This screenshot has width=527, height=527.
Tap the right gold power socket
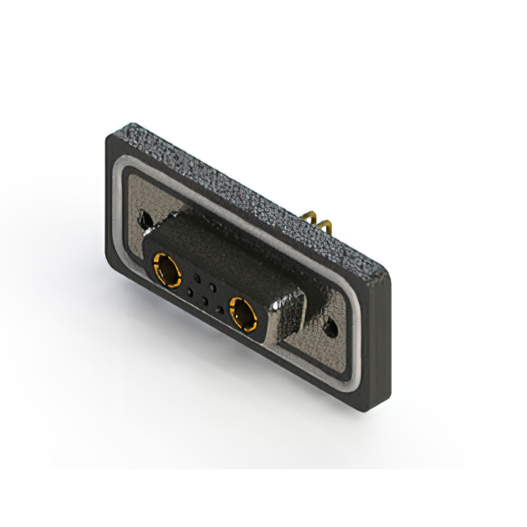point(244,313)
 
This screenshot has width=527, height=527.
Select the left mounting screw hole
point(147,220)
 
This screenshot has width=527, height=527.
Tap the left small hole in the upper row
point(198,277)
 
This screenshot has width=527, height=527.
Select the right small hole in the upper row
point(213,286)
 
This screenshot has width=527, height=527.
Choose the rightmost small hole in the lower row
point(220,310)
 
